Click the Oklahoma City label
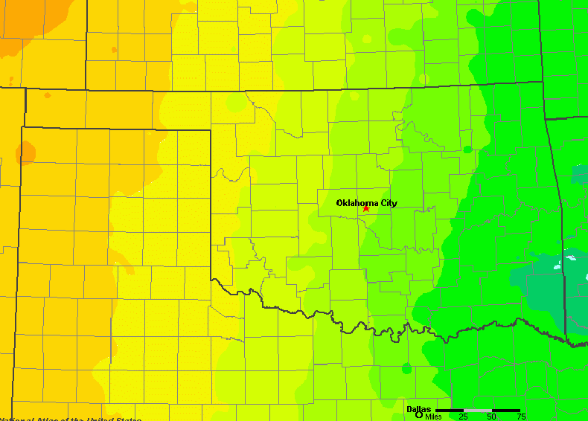[x=366, y=203]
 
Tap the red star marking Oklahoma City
[x=366, y=209]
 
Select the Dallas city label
[x=418, y=409]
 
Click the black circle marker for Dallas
[x=409, y=415]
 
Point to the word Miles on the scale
[x=433, y=417]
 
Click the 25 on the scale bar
[x=463, y=417]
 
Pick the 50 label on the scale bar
[x=491, y=417]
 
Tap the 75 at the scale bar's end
[x=521, y=417]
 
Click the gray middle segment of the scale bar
[x=477, y=410]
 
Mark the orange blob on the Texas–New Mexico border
[x=26, y=153]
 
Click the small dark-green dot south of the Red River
[x=406, y=368]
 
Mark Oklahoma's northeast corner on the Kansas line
[x=543, y=82]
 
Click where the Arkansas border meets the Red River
[x=566, y=343]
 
